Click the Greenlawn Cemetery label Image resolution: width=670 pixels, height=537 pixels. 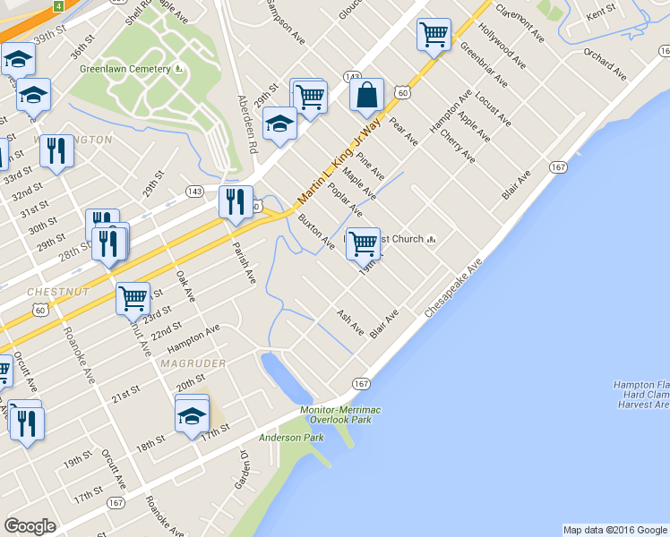click(x=125, y=69)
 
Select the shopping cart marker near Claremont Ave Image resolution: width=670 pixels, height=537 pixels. click(x=434, y=36)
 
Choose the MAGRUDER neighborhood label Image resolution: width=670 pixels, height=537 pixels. click(x=193, y=363)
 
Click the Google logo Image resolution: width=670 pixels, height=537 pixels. click(x=30, y=526)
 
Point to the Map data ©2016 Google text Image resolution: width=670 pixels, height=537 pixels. click(x=614, y=529)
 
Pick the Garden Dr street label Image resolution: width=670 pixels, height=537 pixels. click(x=243, y=469)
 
